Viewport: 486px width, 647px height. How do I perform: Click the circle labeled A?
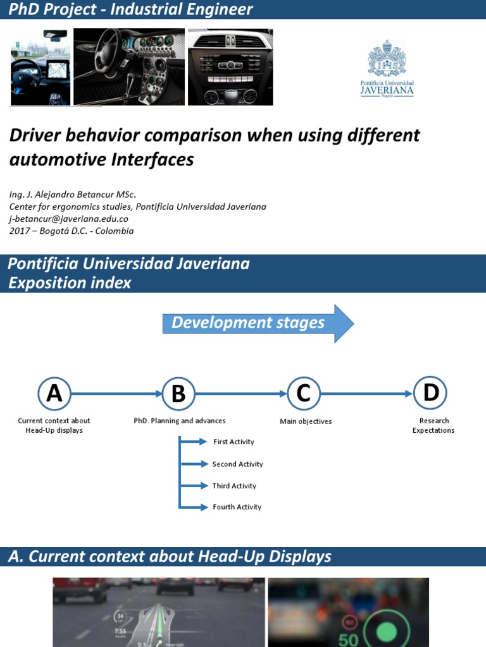pos(54,393)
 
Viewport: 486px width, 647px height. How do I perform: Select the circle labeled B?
pos(178,393)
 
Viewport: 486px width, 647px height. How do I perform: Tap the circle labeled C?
pos(304,393)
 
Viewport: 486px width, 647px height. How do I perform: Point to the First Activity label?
pos(234,442)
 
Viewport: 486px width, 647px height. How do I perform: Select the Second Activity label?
pos(237,464)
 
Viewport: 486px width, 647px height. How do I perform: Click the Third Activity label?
pos(234,486)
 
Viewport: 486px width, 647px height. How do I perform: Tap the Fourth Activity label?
pos(237,507)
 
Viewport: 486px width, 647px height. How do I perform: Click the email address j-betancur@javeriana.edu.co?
pos(69,219)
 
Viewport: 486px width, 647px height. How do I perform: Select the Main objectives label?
pos(306,421)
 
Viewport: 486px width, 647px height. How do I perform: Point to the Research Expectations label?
pos(433,425)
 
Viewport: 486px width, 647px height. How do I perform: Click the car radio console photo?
pos(230,66)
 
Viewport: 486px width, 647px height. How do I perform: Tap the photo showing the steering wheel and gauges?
pos(129,66)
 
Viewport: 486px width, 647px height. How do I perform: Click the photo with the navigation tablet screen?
pos(40,67)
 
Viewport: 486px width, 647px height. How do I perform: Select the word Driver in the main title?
pos(37,135)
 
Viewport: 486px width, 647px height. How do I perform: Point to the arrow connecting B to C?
pos(240,393)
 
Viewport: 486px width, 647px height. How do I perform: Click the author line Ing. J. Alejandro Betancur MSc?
pos(72,195)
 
